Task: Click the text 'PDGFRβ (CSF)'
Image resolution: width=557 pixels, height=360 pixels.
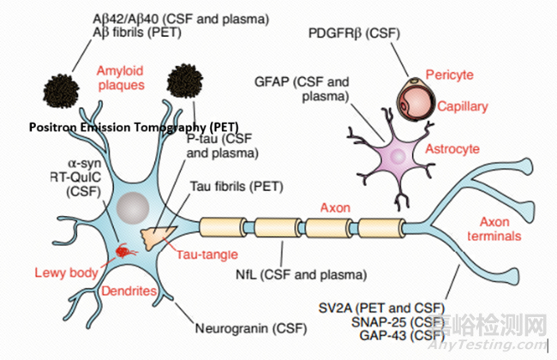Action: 353,33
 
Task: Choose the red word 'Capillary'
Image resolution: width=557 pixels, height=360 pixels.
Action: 463,107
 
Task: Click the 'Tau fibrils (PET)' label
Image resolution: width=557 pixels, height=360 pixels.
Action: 249,186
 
